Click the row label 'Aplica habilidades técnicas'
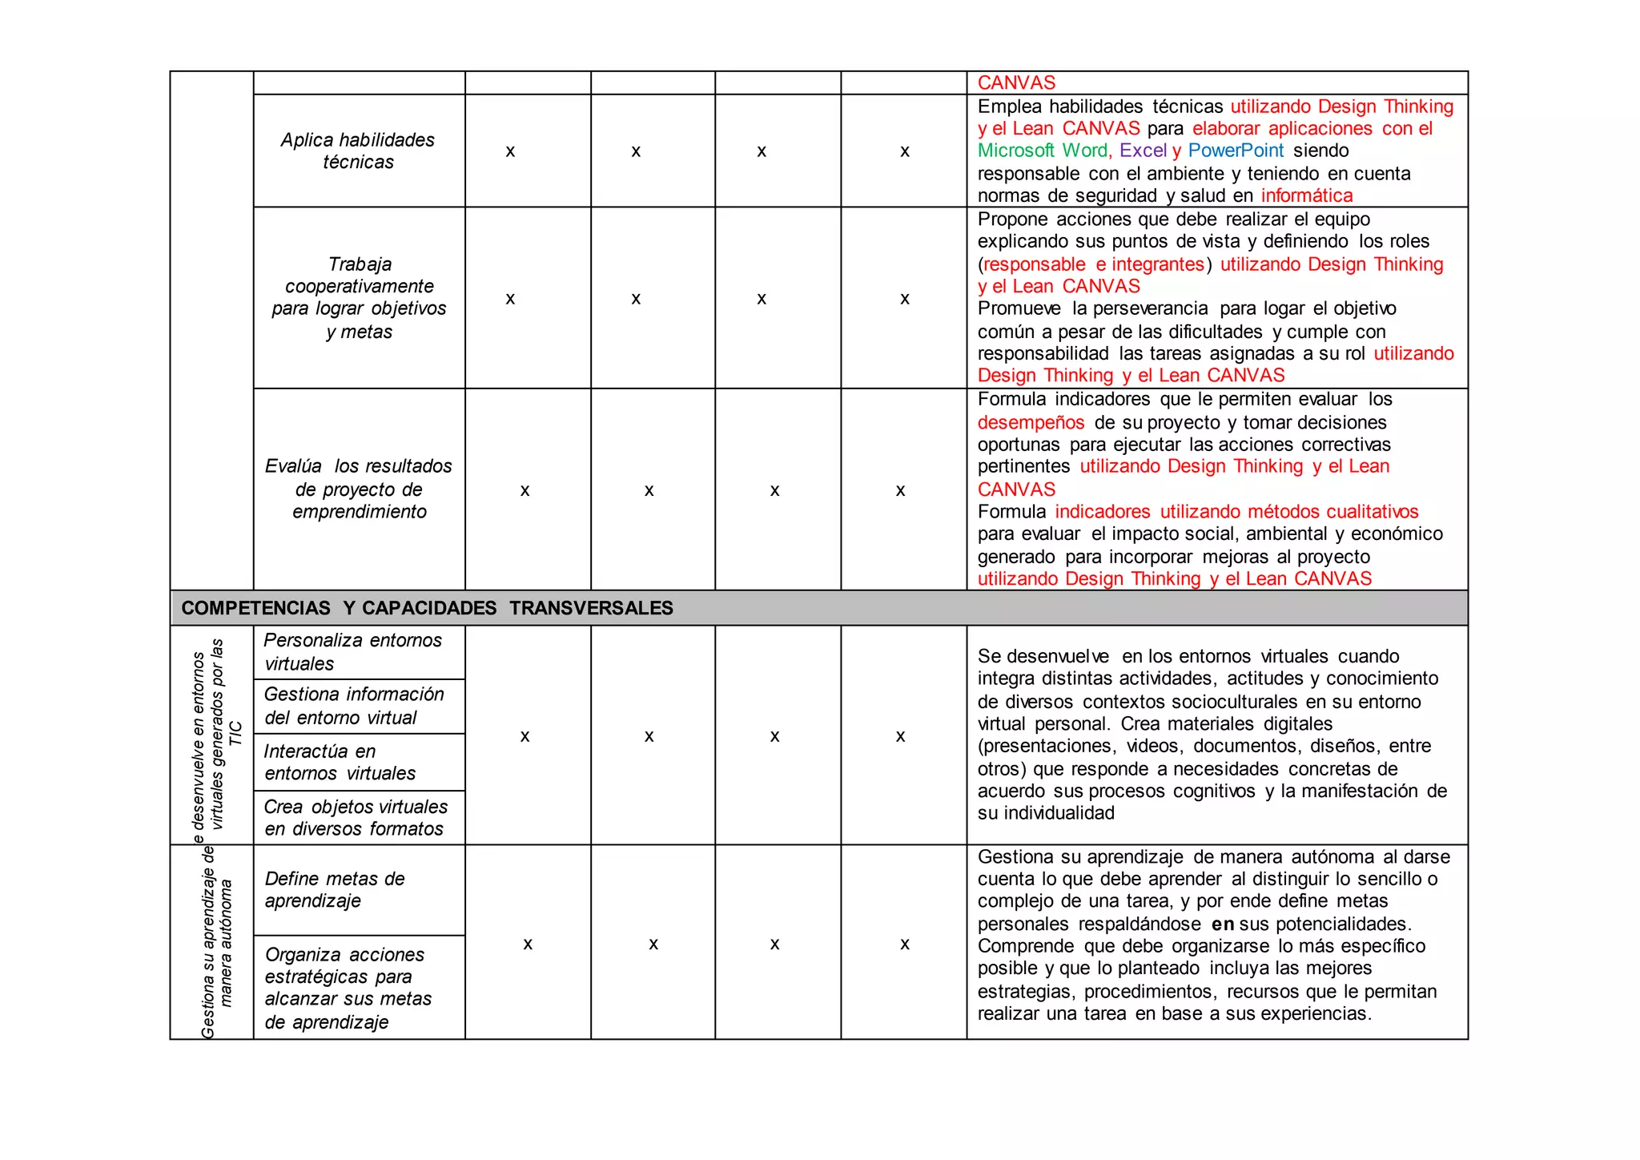(x=358, y=151)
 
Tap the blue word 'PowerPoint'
(x=1236, y=151)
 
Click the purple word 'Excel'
(x=1143, y=151)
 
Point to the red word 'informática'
(x=1306, y=195)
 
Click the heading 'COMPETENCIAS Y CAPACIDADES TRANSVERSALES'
(x=427, y=608)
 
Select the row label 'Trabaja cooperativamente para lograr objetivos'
(x=359, y=297)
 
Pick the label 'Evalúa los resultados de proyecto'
(x=359, y=489)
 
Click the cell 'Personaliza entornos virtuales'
(x=352, y=652)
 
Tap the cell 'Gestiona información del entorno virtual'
(x=354, y=706)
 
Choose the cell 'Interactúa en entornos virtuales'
(x=340, y=762)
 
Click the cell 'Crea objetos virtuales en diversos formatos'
(x=356, y=818)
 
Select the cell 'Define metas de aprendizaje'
(x=335, y=889)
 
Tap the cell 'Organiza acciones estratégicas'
(x=348, y=988)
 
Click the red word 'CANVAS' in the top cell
(x=1016, y=83)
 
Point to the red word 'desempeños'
(x=1031, y=422)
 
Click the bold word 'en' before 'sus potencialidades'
(x=1223, y=924)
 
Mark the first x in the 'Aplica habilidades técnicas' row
(x=510, y=151)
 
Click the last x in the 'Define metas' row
(x=904, y=945)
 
